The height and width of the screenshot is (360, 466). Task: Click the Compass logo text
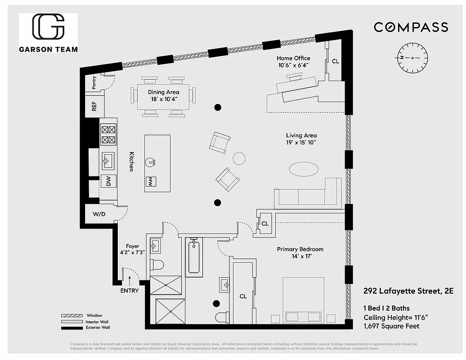(x=411, y=27)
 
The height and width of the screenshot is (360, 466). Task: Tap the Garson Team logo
(x=48, y=33)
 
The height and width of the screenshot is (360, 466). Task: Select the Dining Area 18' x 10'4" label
(x=163, y=95)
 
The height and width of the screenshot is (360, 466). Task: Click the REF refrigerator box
(x=94, y=106)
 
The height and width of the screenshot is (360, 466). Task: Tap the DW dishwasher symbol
(x=108, y=181)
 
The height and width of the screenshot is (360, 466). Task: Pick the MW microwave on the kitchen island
(x=151, y=182)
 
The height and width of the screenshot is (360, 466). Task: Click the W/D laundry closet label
(x=99, y=214)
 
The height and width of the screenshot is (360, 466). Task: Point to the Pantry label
(x=94, y=83)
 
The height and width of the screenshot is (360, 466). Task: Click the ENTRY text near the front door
(x=130, y=291)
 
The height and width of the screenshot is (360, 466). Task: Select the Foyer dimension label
(x=132, y=249)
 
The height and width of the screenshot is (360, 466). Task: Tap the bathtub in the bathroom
(x=194, y=257)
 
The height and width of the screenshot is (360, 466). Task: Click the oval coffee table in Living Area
(x=303, y=169)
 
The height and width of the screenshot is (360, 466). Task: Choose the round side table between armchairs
(x=239, y=158)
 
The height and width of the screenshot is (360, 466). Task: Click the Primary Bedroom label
(x=300, y=252)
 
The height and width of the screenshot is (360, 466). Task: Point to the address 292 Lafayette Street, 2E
(x=408, y=291)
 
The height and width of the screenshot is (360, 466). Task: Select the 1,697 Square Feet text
(x=391, y=326)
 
